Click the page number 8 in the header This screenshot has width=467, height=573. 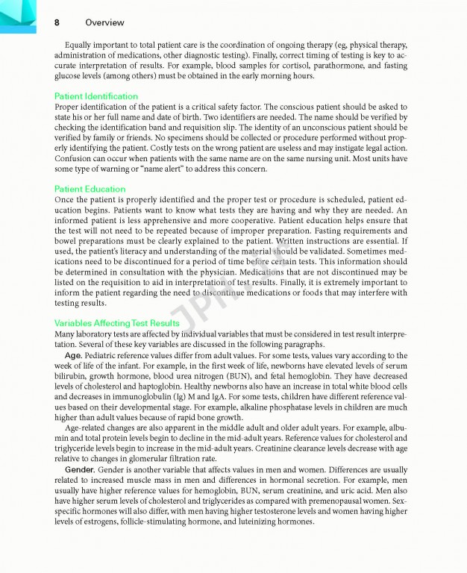pyautogui.click(x=57, y=22)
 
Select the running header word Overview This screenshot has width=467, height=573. pyautogui.click(x=104, y=22)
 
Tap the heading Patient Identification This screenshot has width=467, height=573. pyautogui.click(x=96, y=96)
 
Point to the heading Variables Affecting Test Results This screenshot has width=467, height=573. pyautogui.click(x=117, y=323)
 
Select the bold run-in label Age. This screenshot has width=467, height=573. pyautogui.click(x=73, y=356)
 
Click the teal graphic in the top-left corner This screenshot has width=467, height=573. pyautogui.click(x=16, y=13)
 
